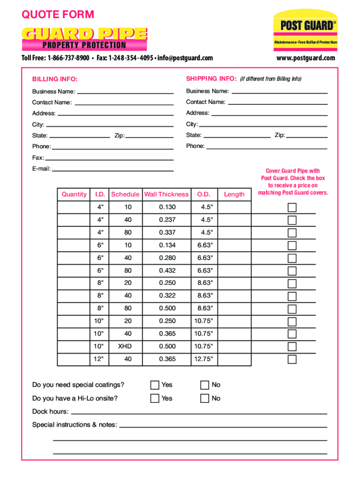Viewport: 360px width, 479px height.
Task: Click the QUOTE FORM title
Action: coord(58,15)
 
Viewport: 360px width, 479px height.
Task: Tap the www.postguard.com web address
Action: coord(306,58)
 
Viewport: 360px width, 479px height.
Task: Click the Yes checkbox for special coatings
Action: coord(155,385)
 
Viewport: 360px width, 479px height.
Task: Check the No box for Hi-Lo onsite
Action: coord(205,399)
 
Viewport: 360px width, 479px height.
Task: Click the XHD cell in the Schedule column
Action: coord(125,346)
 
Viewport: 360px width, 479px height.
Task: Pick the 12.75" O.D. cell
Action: coord(203,359)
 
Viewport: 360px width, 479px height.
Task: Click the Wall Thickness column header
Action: coord(166,194)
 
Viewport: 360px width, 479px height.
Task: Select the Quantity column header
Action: coord(74,194)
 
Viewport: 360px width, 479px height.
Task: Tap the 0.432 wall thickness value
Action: coord(167,270)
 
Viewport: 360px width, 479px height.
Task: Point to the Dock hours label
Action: coord(50,412)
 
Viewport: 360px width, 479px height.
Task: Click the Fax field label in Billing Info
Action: coord(38,158)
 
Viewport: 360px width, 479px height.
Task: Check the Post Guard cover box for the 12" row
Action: coord(292,359)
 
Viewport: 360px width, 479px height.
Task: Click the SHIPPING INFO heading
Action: coord(211,79)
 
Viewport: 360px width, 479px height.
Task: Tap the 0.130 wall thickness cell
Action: coord(167,207)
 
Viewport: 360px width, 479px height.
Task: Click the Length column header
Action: coord(234,194)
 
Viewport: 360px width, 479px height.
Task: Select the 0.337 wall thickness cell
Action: coord(167,232)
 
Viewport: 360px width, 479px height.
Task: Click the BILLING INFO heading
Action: coord(55,79)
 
